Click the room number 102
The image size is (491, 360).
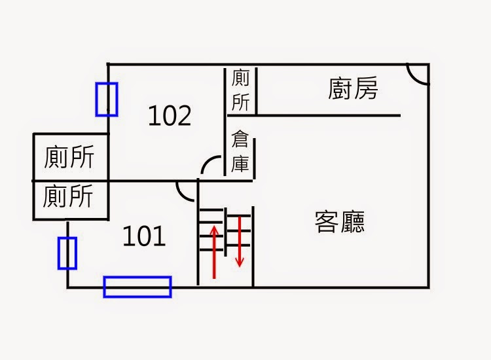coord(170,116)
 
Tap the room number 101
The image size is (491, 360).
coord(145,236)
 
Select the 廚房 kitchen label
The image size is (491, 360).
coord(353,89)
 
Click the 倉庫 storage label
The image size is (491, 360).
coord(240,152)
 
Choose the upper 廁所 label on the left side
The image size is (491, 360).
coord(69,157)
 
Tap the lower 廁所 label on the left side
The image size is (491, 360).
coord(69,196)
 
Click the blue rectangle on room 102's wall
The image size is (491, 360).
coord(107,99)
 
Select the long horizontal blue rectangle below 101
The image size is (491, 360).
coord(137,287)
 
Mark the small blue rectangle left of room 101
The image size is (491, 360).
coord(67,253)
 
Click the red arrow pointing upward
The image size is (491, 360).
coord(214,251)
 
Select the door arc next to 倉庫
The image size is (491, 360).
coord(212,166)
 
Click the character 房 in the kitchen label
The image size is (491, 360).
coord(366,89)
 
